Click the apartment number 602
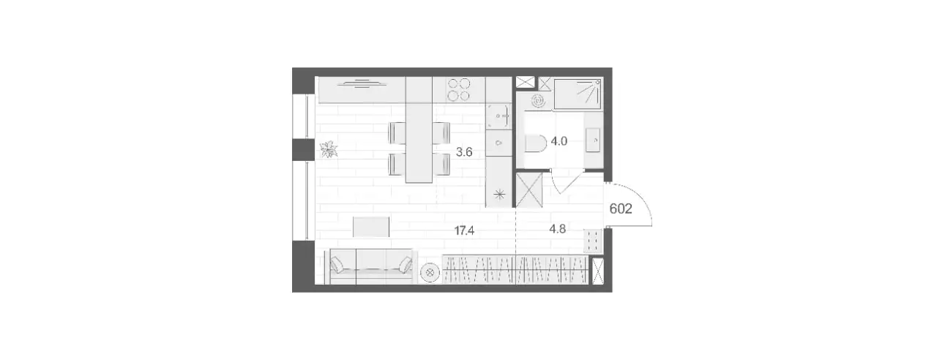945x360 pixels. (621, 209)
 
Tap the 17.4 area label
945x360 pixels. (464, 230)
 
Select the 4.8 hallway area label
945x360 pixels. (557, 229)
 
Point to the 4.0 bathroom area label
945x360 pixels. (559, 141)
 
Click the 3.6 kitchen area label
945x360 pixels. (464, 152)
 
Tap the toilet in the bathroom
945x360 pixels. (536, 143)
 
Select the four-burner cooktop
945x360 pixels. (458, 90)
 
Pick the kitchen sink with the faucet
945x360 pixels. (498, 116)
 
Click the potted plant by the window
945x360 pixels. (329, 150)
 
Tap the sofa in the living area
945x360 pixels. (371, 266)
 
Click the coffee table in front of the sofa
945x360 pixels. (371, 227)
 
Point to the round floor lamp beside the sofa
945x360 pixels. (430, 273)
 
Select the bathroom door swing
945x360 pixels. (567, 182)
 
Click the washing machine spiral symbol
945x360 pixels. (538, 101)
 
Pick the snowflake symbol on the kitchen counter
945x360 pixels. (499, 195)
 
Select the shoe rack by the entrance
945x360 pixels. (592, 241)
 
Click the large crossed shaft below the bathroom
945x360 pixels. (529, 190)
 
